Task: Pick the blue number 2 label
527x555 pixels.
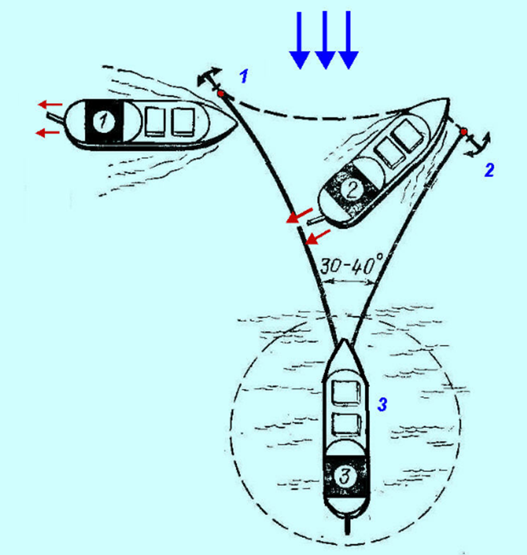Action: click(490, 171)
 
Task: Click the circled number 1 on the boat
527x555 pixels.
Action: click(103, 122)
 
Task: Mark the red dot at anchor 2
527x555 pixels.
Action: click(463, 131)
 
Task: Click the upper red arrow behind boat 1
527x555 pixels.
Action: click(50, 105)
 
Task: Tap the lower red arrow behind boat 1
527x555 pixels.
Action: click(49, 133)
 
